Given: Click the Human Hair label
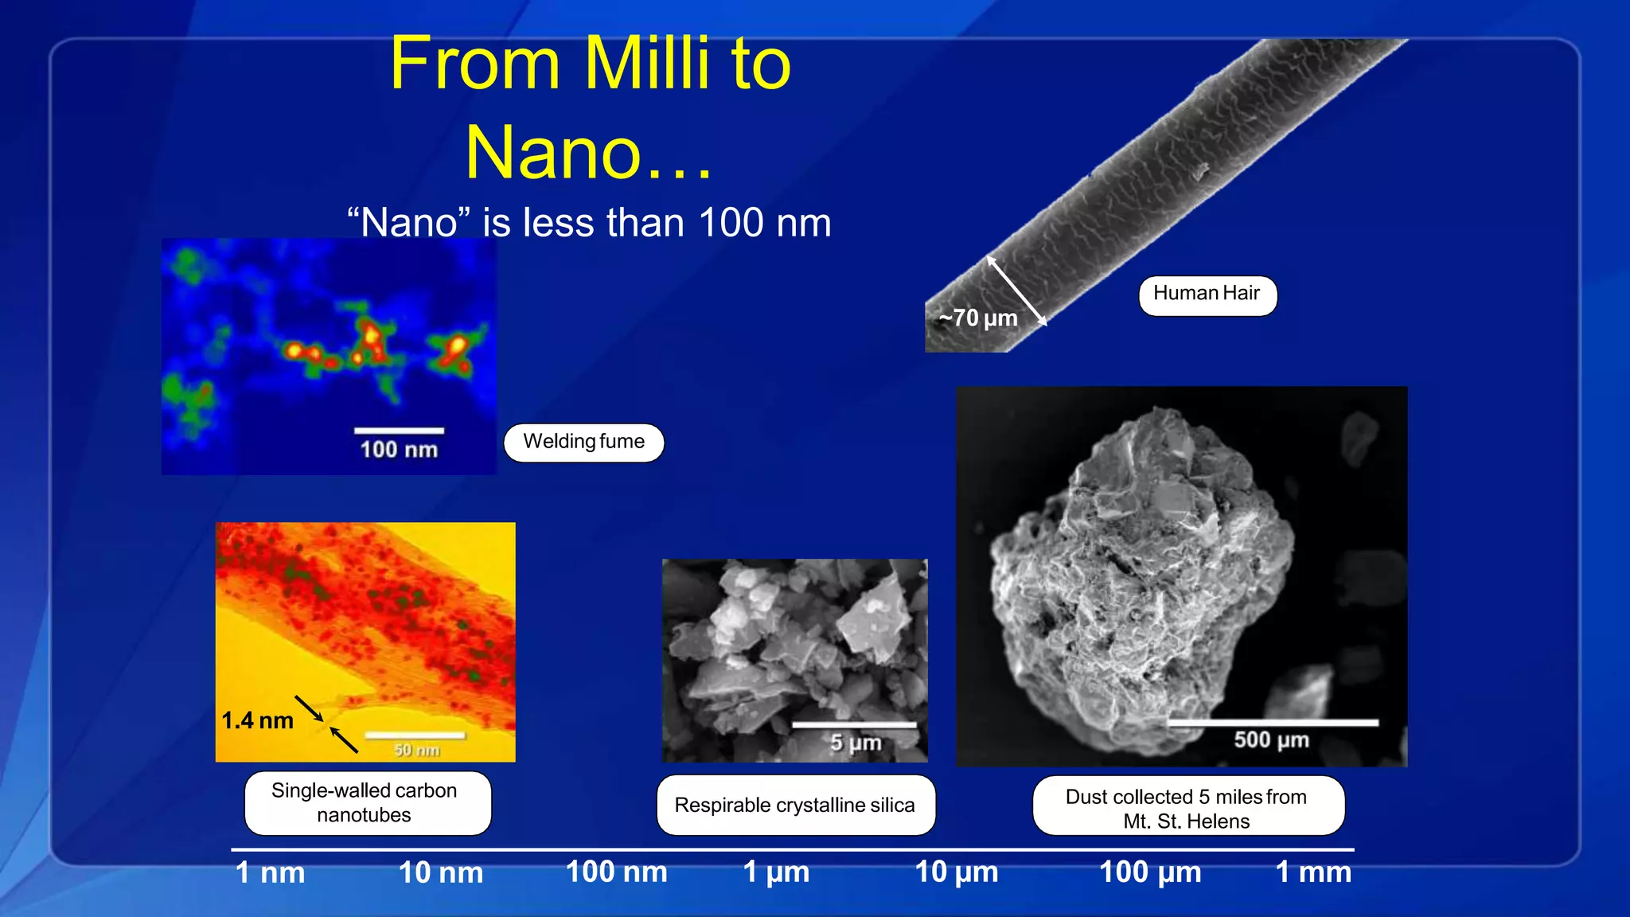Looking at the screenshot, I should point(1207,295).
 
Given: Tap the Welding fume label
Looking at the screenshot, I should point(583,442).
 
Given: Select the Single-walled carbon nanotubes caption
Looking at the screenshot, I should point(365,802).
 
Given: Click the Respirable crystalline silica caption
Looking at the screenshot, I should point(795,805).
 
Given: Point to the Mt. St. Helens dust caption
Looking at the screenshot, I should point(1187,808).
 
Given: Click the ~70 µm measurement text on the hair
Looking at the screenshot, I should point(978,318).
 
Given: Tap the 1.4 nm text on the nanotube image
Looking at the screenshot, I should point(257,720).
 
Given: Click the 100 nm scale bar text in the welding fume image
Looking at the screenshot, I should point(399,450).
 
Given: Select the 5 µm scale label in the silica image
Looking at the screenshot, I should point(856,743).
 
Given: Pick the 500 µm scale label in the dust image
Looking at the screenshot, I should point(1271,739).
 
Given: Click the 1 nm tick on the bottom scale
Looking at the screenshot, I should point(270,873).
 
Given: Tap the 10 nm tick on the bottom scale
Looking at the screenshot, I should point(440,873).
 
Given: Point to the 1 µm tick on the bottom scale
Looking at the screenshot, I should point(776,872).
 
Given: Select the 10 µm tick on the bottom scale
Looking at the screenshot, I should point(956,872).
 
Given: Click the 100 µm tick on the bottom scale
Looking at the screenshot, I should point(1150,872).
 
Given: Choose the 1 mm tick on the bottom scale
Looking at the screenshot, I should point(1313,872).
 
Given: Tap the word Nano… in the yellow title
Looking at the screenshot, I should point(588,153).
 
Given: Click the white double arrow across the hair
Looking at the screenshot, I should point(1016,291).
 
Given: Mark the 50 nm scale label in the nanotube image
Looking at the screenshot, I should point(416,750).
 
